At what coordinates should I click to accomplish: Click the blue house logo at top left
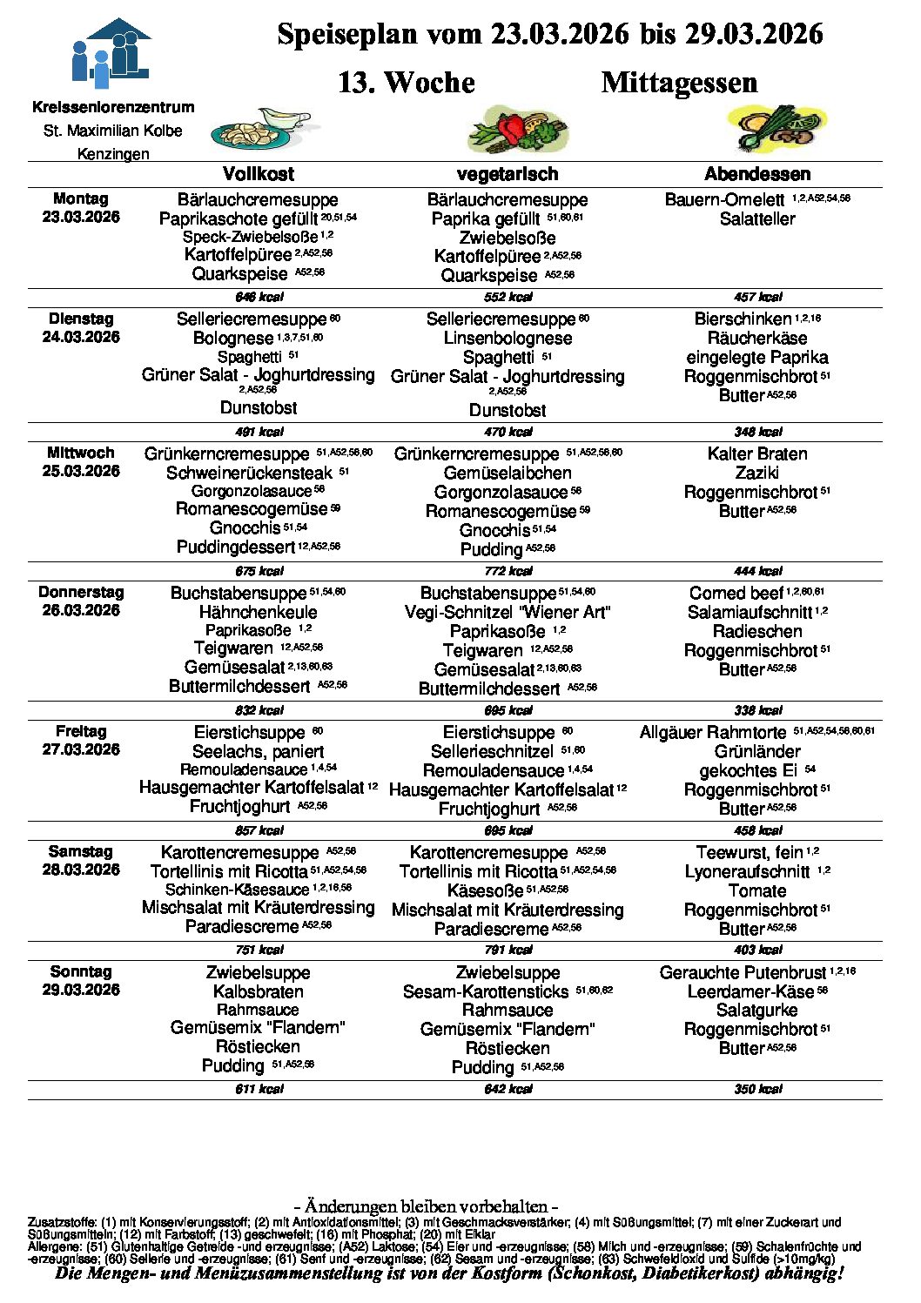(111, 53)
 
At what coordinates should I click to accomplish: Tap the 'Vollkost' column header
(259, 174)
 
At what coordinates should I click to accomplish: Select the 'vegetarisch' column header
(508, 174)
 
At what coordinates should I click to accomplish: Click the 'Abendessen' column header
(757, 174)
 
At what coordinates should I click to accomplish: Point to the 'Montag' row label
(81, 199)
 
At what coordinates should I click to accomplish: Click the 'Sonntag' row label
(81, 972)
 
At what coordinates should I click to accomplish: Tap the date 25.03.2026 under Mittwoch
(81, 471)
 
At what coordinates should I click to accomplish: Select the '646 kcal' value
(259, 297)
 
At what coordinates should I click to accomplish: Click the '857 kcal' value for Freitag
(259, 830)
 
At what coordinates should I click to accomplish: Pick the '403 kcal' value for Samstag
(757, 950)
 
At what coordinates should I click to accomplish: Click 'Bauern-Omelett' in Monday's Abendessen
(724, 200)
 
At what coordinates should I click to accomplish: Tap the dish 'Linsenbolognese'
(508, 339)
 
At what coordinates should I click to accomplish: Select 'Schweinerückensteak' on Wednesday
(250, 474)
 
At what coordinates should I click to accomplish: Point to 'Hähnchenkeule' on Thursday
(259, 612)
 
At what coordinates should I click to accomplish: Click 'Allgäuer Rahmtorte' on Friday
(713, 733)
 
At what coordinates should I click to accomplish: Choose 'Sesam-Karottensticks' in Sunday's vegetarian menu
(486, 992)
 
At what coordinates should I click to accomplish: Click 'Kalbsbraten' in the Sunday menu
(259, 992)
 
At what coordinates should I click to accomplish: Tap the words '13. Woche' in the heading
(407, 83)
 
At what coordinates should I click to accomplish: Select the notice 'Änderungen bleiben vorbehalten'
(426, 1206)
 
